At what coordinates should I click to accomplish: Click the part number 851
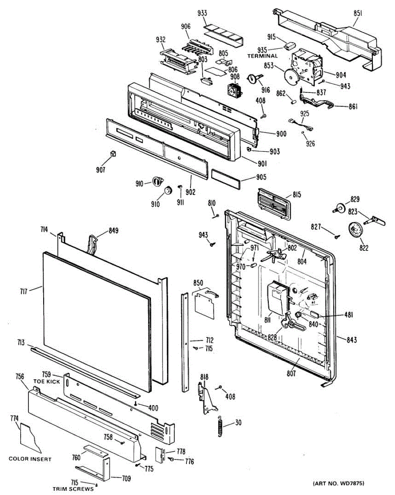tap(357, 13)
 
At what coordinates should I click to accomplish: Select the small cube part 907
tap(112, 154)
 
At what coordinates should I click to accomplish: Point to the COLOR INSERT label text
tap(30, 459)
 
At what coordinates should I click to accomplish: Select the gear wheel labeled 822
tap(355, 229)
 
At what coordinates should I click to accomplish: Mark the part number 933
tap(202, 13)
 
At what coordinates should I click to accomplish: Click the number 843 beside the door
tap(351, 340)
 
